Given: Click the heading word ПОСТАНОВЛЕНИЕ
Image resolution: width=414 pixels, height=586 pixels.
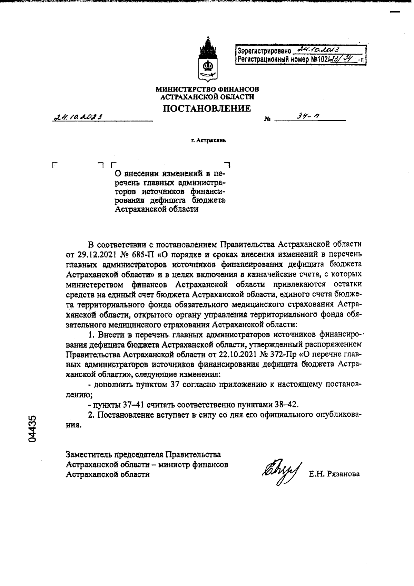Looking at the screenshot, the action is (x=207, y=108).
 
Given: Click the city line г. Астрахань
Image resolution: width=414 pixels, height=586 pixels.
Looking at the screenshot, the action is (x=208, y=141).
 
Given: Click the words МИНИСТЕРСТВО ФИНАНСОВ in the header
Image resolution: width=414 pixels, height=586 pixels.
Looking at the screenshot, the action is (x=207, y=89).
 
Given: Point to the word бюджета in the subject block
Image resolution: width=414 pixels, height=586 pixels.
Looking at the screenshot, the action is (x=210, y=200).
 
